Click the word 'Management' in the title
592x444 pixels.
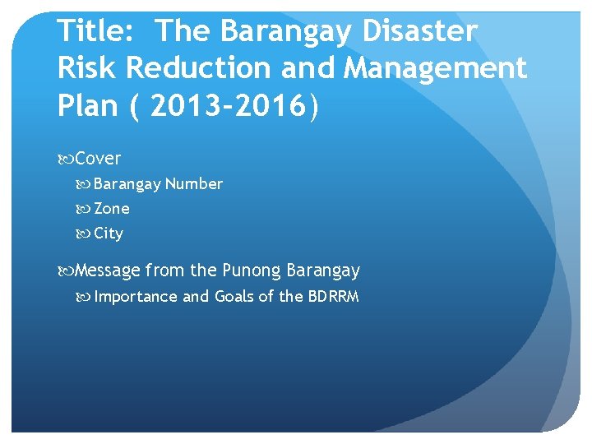coord(435,68)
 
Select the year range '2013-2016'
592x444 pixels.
coord(229,106)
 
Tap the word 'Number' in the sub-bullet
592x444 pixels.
coord(193,184)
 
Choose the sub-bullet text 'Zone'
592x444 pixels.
coord(112,209)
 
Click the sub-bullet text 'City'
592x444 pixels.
coord(109,234)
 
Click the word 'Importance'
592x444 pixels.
coord(136,297)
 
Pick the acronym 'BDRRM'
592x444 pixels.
coord(333,297)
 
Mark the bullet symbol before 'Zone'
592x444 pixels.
coord(85,209)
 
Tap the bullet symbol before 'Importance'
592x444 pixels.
coord(85,297)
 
